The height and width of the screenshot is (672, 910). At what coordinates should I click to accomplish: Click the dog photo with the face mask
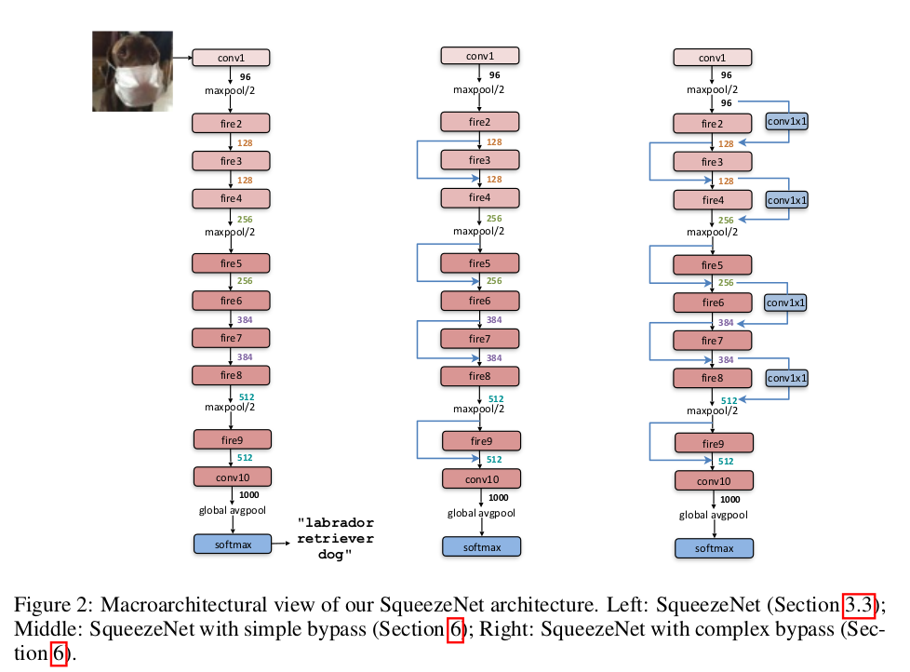pos(132,71)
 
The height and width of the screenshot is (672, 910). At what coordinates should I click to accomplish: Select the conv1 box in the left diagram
pos(231,58)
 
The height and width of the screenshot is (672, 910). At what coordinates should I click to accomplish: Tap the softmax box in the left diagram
pos(231,543)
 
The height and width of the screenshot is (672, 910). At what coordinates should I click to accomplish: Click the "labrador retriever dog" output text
pos(335,539)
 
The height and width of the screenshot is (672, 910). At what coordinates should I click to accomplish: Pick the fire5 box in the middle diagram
pos(479,263)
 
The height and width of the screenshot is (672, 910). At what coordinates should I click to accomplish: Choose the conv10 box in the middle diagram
pos(480,478)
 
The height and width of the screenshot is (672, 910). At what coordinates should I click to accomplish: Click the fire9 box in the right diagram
pos(712,444)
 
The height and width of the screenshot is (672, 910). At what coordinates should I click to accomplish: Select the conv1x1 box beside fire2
pos(786,121)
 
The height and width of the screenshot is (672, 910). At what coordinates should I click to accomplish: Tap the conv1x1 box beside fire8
pos(786,378)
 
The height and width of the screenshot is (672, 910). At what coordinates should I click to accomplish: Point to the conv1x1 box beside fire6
pos(786,302)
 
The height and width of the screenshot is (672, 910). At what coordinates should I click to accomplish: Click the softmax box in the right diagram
pos(714,548)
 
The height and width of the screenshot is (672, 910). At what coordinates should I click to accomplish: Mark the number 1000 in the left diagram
pos(249,495)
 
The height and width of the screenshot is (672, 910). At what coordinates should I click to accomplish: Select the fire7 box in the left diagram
pos(231,337)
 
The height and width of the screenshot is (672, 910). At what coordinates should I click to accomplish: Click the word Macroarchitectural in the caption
pos(152,605)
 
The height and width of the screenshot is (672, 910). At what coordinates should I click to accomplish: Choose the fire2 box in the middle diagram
pos(479,123)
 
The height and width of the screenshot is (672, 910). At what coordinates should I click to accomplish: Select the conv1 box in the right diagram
pos(712,58)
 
